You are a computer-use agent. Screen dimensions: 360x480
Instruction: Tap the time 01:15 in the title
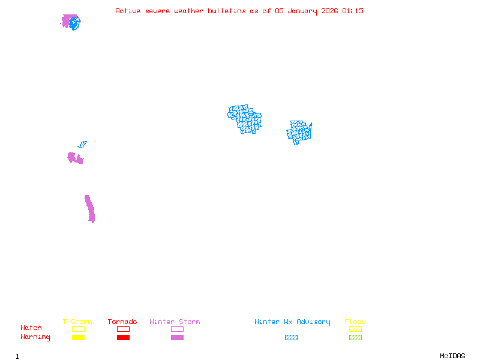click(x=353, y=11)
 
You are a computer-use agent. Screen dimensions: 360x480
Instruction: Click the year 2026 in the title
click(x=329, y=11)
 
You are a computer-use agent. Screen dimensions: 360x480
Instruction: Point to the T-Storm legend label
click(x=77, y=322)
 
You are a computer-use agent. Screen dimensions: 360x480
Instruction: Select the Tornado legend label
click(x=122, y=322)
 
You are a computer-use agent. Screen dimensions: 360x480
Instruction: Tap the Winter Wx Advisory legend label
click(x=292, y=322)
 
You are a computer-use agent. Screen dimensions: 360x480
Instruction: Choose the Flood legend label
click(x=355, y=322)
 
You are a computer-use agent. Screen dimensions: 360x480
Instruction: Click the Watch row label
click(x=31, y=328)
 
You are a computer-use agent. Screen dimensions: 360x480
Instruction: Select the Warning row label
click(x=35, y=337)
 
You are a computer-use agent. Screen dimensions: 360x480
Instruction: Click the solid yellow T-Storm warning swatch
click(x=78, y=338)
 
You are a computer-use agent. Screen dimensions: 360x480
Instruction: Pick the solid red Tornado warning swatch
click(x=123, y=338)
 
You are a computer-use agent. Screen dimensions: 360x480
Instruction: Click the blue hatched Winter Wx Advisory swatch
click(x=291, y=338)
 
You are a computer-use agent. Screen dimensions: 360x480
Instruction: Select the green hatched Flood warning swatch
click(x=355, y=338)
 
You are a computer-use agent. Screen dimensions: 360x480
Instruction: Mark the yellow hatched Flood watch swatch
click(x=355, y=329)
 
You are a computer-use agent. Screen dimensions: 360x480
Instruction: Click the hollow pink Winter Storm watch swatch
click(x=177, y=329)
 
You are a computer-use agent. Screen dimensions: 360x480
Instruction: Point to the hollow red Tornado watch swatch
click(x=123, y=329)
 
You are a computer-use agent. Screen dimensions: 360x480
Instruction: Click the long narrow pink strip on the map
click(x=90, y=209)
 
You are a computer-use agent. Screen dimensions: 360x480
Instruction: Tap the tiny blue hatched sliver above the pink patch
click(x=82, y=145)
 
